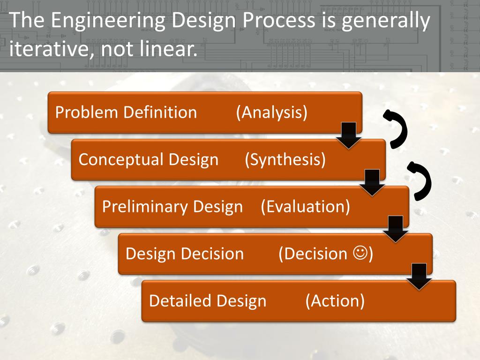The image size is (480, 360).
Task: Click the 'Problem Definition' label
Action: point(126,112)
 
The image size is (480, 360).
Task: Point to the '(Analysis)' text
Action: point(272,112)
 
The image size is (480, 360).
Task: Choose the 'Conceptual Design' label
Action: point(149,159)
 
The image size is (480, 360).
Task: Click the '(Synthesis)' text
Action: point(285,159)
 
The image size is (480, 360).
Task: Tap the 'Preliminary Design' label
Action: point(172,207)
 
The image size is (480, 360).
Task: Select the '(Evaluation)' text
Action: point(305,207)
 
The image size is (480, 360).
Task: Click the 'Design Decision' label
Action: point(185,254)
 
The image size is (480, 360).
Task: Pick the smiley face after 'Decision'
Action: point(360,253)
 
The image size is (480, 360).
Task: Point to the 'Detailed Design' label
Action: point(208,300)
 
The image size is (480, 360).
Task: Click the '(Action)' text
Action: point(335,300)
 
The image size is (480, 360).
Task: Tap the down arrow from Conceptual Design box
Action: point(372,182)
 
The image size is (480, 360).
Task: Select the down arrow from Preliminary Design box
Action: point(396,229)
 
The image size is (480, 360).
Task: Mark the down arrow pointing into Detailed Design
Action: point(419,276)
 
